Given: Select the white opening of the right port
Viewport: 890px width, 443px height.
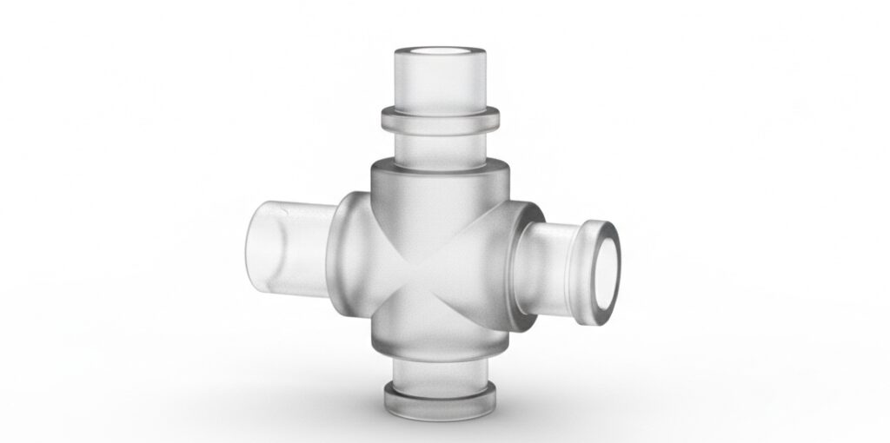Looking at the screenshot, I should [609, 274].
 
